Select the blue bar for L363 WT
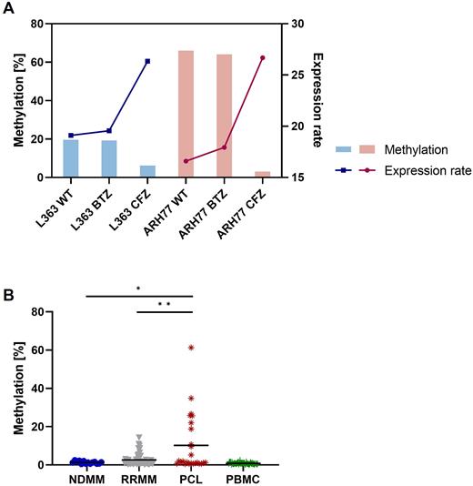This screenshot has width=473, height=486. pos(71,158)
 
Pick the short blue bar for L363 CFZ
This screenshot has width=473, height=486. pos(147,171)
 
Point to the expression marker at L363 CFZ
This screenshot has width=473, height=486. pos(147,61)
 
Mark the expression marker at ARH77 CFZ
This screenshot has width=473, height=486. pos(263,57)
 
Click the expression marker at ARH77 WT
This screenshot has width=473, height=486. pos(186,161)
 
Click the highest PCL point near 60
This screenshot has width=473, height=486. pos(191,348)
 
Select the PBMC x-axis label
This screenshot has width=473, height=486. pos(241,476)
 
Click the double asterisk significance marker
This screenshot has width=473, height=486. pos(165,303)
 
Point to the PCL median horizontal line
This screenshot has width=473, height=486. pos(191,445)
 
